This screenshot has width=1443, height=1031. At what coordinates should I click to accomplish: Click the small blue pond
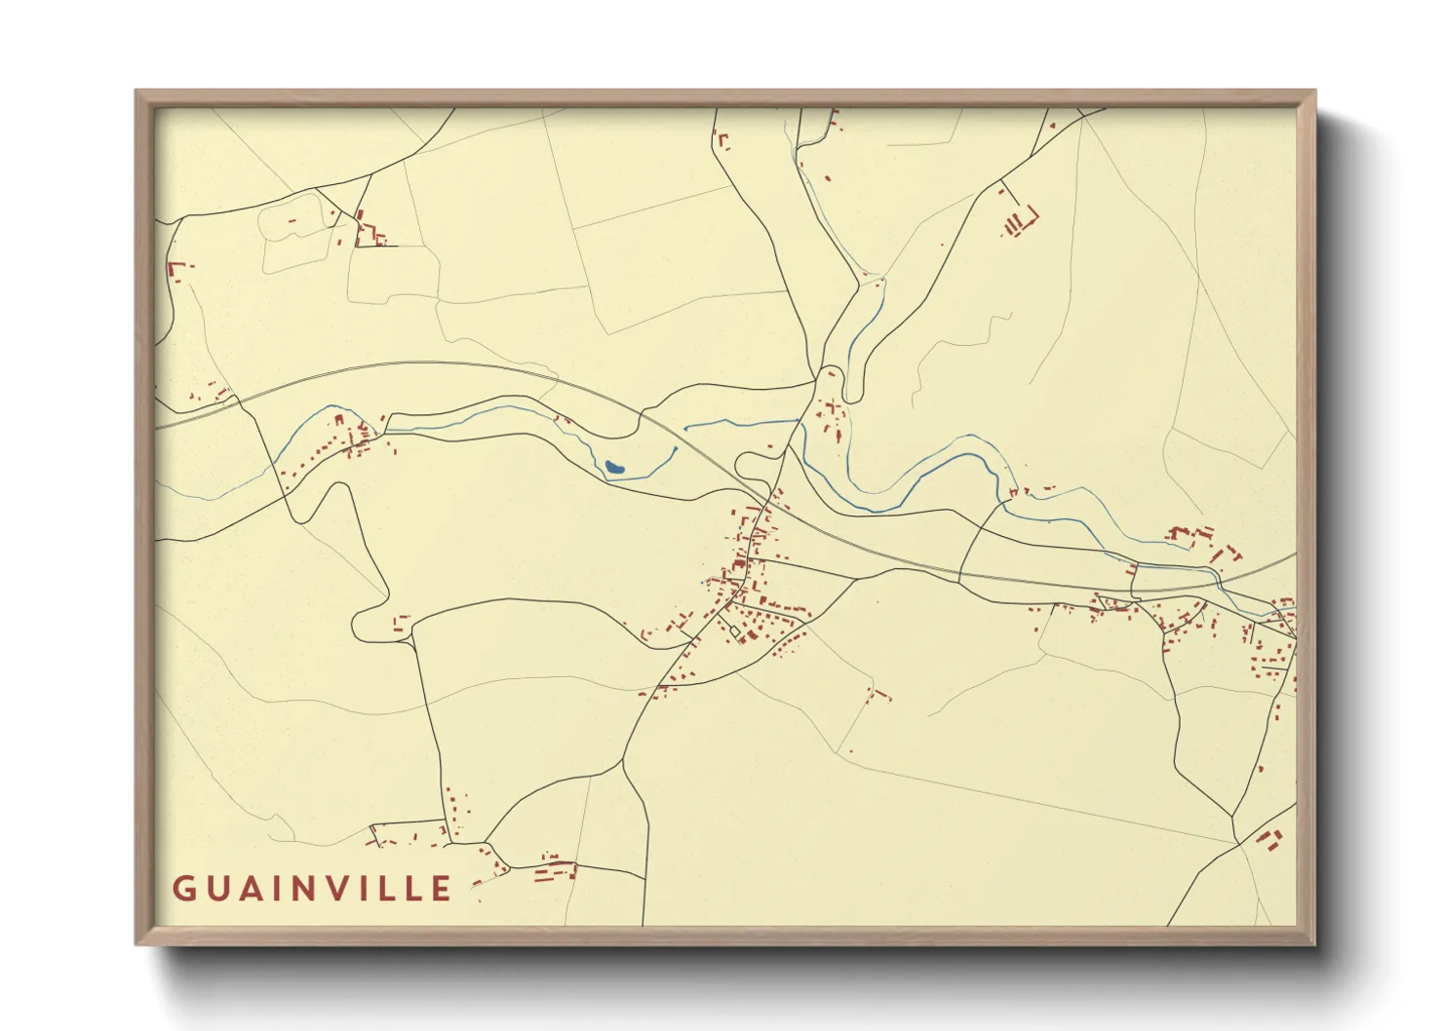tap(614, 468)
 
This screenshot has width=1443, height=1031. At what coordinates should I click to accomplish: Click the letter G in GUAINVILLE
tap(183, 889)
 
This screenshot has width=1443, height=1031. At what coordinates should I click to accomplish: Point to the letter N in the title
tap(311, 889)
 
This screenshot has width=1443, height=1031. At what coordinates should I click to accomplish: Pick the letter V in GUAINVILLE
tap(346, 889)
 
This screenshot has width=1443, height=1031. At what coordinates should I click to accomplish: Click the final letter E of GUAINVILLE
tap(443, 889)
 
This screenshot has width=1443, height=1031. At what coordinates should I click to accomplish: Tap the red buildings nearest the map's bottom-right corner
tap(1268, 838)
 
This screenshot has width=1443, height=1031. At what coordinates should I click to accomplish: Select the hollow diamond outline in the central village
tap(736, 631)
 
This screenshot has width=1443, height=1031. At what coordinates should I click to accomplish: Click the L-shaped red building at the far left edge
tap(175, 270)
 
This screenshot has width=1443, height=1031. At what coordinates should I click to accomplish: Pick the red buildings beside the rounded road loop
tap(401, 623)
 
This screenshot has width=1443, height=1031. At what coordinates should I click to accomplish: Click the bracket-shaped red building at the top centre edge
tap(722, 140)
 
